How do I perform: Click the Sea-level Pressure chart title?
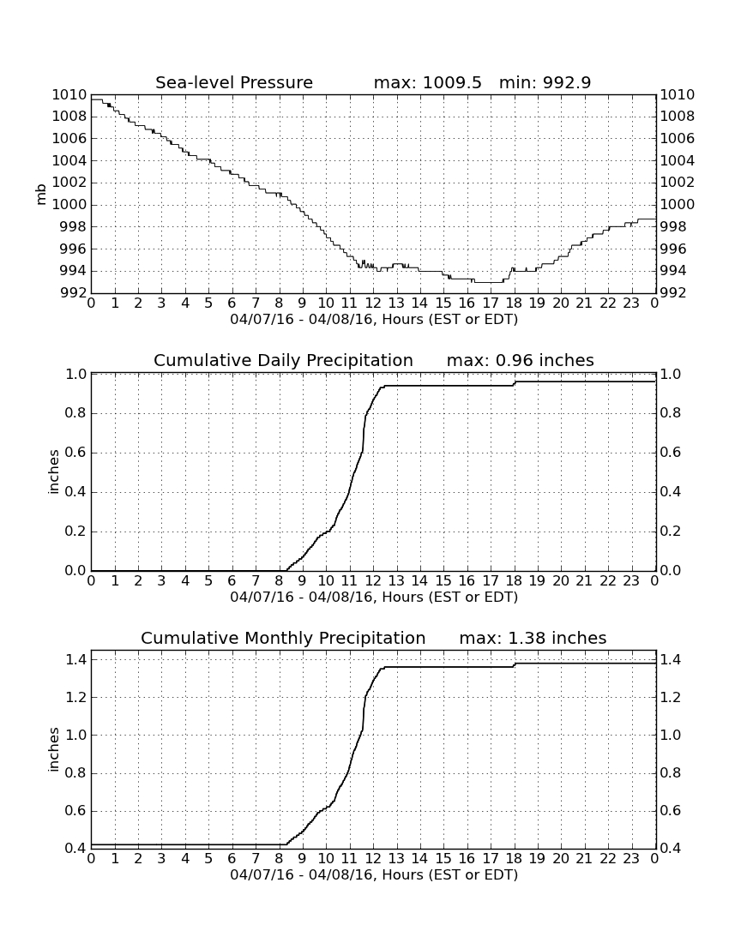[234, 82]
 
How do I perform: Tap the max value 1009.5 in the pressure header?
[452, 82]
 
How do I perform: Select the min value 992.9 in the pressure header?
[567, 82]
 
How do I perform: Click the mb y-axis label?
[41, 195]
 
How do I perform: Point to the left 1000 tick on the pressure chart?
[69, 205]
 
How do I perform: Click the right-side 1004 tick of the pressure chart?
[678, 160]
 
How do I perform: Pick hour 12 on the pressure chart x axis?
[373, 303]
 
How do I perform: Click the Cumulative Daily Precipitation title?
[283, 360]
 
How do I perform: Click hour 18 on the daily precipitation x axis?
[514, 580]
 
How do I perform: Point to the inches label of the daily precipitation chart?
[53, 472]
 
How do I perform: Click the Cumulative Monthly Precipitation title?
[283, 638]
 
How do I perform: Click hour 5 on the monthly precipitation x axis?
[208, 858]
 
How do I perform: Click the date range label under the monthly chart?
[374, 874]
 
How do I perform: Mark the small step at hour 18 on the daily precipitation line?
[515, 383]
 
